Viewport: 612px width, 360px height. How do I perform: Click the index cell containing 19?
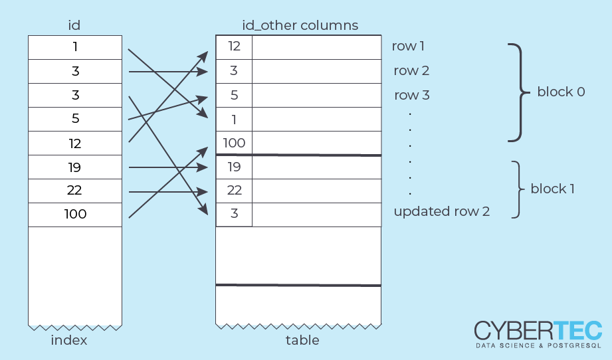coord(74,167)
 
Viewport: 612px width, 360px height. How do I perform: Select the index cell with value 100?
coord(74,215)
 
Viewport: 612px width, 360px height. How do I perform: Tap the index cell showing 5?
coord(74,120)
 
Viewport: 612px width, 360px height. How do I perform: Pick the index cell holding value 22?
coord(74,191)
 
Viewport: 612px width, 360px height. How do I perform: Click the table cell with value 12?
coord(234,46)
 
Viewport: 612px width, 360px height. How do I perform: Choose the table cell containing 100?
coord(234,143)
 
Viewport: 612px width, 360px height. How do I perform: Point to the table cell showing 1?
coord(234,119)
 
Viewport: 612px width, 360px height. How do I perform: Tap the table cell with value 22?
coord(234,191)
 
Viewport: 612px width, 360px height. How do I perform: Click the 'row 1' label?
coord(408,46)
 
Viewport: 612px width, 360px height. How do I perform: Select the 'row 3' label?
coord(411,95)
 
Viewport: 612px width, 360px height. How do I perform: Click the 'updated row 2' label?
coord(441,212)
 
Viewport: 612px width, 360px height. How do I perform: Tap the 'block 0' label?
coord(561,92)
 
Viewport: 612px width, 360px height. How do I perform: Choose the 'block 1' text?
coord(552,189)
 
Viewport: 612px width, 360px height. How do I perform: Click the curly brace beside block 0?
coord(518,92)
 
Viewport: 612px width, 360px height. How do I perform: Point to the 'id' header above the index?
coord(74,26)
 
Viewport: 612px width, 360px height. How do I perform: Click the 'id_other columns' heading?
coord(300,26)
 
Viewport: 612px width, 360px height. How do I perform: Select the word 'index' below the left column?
coord(69,341)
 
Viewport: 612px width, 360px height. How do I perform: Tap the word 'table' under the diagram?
coord(302,341)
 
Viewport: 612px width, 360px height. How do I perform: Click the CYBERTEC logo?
coord(538,333)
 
